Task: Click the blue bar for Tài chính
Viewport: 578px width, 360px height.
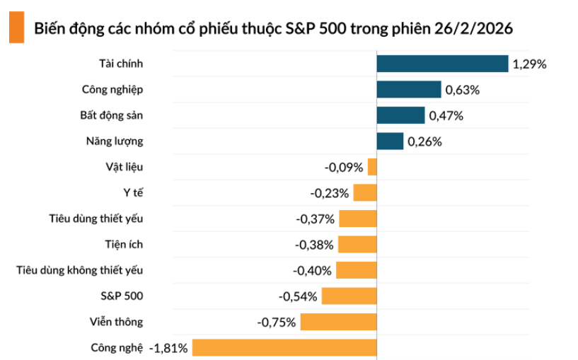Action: (x=442, y=64)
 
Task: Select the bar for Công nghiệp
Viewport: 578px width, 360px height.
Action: (x=409, y=89)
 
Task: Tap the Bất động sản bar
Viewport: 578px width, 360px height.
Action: (x=400, y=115)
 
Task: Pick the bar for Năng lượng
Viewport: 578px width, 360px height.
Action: (x=390, y=141)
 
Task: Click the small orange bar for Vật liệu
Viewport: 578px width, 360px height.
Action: (x=372, y=167)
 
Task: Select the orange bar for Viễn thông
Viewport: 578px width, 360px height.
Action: (x=339, y=322)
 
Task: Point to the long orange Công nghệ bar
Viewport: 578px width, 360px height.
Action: (x=284, y=347)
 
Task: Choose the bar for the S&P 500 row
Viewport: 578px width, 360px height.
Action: (x=349, y=296)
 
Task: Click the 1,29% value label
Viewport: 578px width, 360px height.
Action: (x=529, y=64)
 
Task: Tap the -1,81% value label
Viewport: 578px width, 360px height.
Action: (x=168, y=348)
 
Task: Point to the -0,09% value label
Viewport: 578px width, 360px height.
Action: (x=344, y=168)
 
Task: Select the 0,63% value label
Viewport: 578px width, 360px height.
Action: (x=463, y=90)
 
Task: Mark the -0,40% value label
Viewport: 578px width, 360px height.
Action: (x=312, y=270)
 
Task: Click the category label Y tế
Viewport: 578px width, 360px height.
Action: (x=133, y=192)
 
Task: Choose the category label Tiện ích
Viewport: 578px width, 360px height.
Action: (x=123, y=244)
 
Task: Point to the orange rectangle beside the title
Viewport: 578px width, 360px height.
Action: (x=16, y=29)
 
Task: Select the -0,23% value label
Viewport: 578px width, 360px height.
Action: (x=330, y=193)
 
